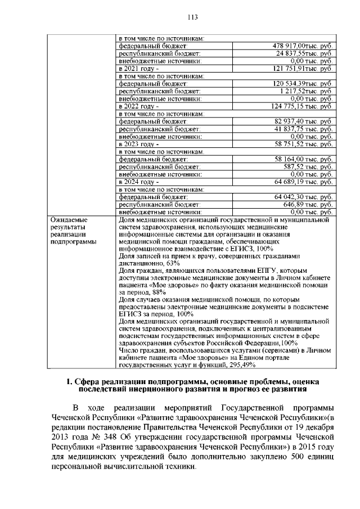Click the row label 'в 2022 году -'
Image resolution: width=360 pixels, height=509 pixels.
coord(138,106)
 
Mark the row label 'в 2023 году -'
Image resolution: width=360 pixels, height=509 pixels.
coord(138,144)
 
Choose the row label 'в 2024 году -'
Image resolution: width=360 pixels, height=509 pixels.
coord(138,182)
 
